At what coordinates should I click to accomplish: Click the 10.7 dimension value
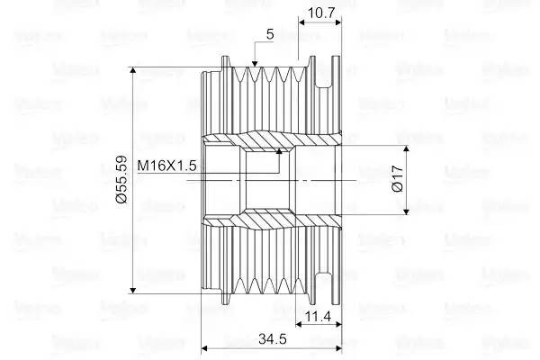click(321, 13)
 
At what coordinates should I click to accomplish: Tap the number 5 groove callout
click(270, 34)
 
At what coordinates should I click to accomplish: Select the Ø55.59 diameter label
click(121, 179)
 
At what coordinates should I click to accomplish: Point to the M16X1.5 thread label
click(166, 166)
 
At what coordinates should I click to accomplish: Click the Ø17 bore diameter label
click(398, 178)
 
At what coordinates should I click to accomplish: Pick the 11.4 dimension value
click(319, 316)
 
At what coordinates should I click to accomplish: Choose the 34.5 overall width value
click(273, 339)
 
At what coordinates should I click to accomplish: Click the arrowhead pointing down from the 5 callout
click(255, 63)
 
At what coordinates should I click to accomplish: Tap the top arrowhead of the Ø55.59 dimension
click(132, 70)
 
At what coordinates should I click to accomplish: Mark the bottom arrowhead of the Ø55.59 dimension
click(132, 290)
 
